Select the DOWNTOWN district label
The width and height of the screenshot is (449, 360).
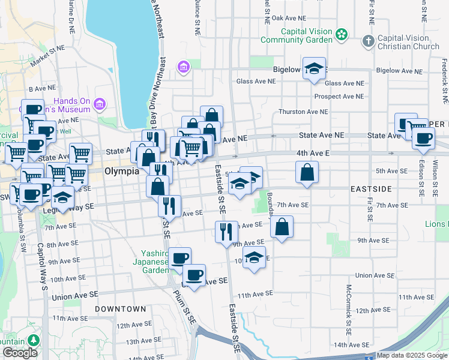(x=120, y=309)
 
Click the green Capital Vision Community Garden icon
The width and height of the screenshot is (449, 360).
(x=342, y=35)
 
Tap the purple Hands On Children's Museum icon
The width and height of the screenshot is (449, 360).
(x=100, y=106)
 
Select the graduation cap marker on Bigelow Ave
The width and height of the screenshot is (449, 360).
(x=313, y=68)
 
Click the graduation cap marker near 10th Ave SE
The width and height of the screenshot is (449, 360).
(x=255, y=257)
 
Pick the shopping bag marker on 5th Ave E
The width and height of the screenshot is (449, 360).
(x=307, y=172)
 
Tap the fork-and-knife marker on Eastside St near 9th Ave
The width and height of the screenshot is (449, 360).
(x=226, y=232)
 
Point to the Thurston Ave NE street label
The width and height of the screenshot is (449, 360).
(x=303, y=112)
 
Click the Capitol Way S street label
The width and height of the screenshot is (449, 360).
(x=42, y=267)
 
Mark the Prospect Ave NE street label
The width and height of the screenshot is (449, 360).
(x=338, y=96)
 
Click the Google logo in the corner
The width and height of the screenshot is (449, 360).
(x=20, y=353)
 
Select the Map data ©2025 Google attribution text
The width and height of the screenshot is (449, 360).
(x=412, y=355)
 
